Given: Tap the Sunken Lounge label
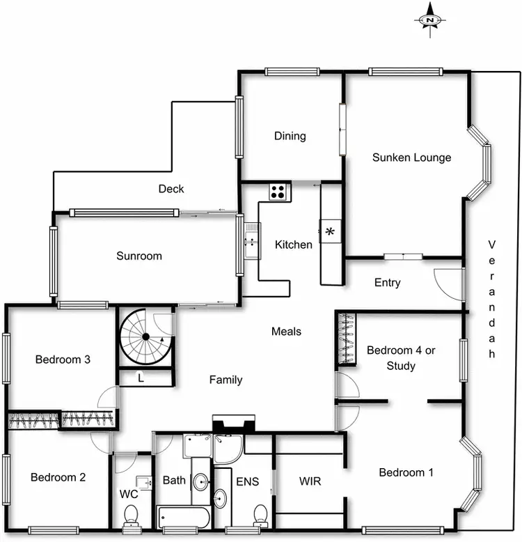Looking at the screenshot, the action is pyautogui.click(x=411, y=157).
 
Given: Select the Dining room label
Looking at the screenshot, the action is pyautogui.click(x=290, y=136).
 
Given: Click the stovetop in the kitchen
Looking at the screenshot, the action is pyautogui.click(x=279, y=190).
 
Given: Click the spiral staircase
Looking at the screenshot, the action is pyautogui.click(x=145, y=338).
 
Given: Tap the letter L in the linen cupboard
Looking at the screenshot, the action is pyautogui.click(x=141, y=378).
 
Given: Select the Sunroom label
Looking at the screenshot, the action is pyautogui.click(x=139, y=256).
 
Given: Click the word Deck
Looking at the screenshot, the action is pyautogui.click(x=171, y=188).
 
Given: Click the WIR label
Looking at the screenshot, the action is pyautogui.click(x=310, y=481).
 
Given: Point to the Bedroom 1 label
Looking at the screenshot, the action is pyautogui.click(x=406, y=472).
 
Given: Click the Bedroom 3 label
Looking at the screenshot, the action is pyautogui.click(x=63, y=359).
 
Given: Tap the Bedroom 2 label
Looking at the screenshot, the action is pyautogui.click(x=58, y=477).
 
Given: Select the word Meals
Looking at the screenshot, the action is pyautogui.click(x=286, y=331).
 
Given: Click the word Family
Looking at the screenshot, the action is pyautogui.click(x=226, y=380).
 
